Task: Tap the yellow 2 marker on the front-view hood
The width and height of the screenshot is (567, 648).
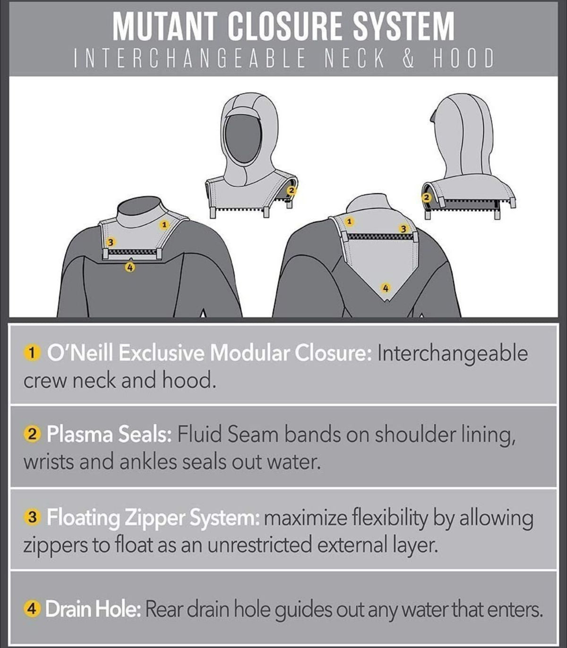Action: pos(292,190)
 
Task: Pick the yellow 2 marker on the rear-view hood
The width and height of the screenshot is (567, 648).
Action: pos(427,197)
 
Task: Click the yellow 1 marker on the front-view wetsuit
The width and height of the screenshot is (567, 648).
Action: pos(164,225)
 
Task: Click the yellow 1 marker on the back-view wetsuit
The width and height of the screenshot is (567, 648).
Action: pos(349,222)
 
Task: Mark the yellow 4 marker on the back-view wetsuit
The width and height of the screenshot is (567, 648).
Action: pos(386,288)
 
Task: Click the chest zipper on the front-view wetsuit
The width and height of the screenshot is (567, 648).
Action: pos(132,252)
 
